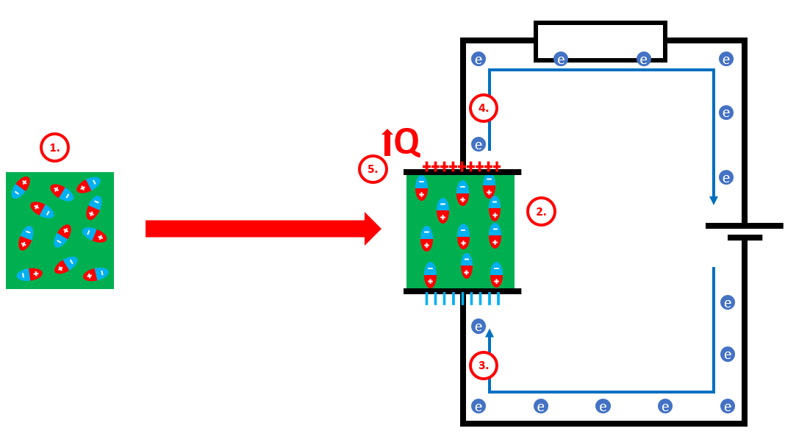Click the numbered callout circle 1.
[54, 147]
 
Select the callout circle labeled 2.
[541, 212]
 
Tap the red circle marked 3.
[484, 366]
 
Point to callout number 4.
[484, 108]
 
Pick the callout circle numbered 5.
[373, 169]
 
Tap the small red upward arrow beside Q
[387, 142]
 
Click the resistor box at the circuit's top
[600, 41]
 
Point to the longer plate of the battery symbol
[744, 226]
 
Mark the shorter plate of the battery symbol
[745, 238]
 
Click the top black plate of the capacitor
[462, 172]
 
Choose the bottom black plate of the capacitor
[462, 291]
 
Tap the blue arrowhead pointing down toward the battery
[714, 200]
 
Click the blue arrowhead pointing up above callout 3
[490, 333]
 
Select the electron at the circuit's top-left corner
[479, 59]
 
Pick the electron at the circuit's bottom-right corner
[728, 406]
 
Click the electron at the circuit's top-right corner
[726, 59]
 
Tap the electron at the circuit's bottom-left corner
[479, 406]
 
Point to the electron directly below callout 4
[479, 144]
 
